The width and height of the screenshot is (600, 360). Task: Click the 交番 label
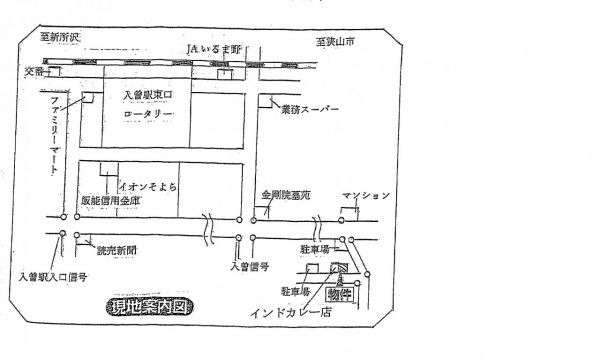pyautogui.click(x=35, y=71)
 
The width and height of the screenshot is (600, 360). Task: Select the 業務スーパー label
pyautogui.click(x=310, y=107)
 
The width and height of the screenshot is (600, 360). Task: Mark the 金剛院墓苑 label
pyautogui.click(x=286, y=196)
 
